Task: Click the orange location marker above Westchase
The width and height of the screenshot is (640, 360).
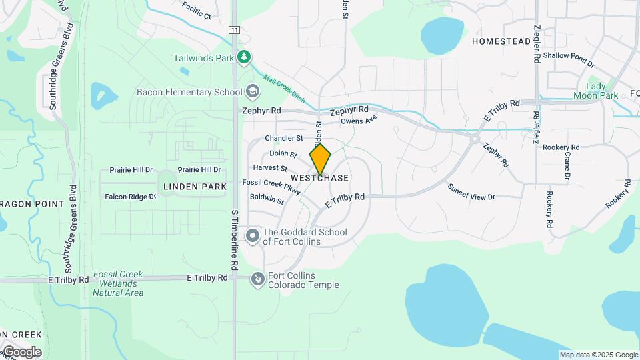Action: click(320, 159)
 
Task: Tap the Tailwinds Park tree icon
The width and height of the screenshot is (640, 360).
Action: click(245, 57)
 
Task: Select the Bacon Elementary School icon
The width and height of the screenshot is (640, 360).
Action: click(252, 91)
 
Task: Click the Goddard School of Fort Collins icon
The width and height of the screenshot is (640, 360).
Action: click(253, 236)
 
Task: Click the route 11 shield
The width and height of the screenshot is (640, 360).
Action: click(234, 30)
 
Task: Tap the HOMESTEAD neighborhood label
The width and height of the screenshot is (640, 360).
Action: click(501, 41)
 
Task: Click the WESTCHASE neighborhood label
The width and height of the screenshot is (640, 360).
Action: click(320, 179)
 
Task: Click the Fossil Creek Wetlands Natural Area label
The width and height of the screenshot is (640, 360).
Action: click(118, 283)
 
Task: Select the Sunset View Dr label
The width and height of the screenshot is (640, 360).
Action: click(471, 192)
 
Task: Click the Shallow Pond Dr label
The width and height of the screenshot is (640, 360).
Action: click(568, 59)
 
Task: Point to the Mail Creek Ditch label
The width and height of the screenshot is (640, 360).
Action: click(284, 89)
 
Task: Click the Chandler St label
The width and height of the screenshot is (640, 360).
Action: click(284, 139)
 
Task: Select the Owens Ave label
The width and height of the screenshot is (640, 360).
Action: click(359, 121)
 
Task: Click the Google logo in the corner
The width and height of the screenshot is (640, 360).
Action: click(21, 352)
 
